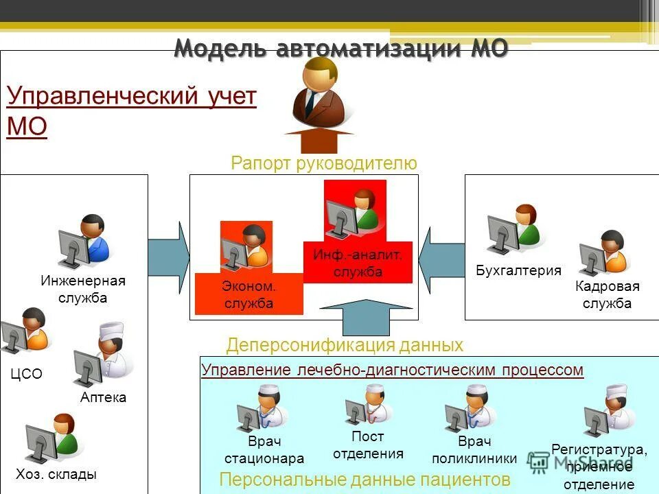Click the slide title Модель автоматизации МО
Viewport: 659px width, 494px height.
click(x=341, y=49)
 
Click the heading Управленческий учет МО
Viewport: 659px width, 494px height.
click(x=130, y=112)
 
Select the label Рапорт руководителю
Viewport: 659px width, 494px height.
click(x=324, y=163)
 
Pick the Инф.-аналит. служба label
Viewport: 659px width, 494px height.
click(x=358, y=263)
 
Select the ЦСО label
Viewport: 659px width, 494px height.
click(x=27, y=374)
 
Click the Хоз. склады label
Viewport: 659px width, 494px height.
click(x=56, y=474)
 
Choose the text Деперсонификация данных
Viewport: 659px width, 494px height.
click(x=345, y=344)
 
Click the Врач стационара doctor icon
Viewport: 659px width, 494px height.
click(x=263, y=408)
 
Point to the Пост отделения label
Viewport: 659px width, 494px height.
click(x=368, y=445)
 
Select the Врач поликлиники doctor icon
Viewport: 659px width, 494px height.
click(x=470, y=408)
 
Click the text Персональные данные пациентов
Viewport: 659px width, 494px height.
click(x=365, y=478)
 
